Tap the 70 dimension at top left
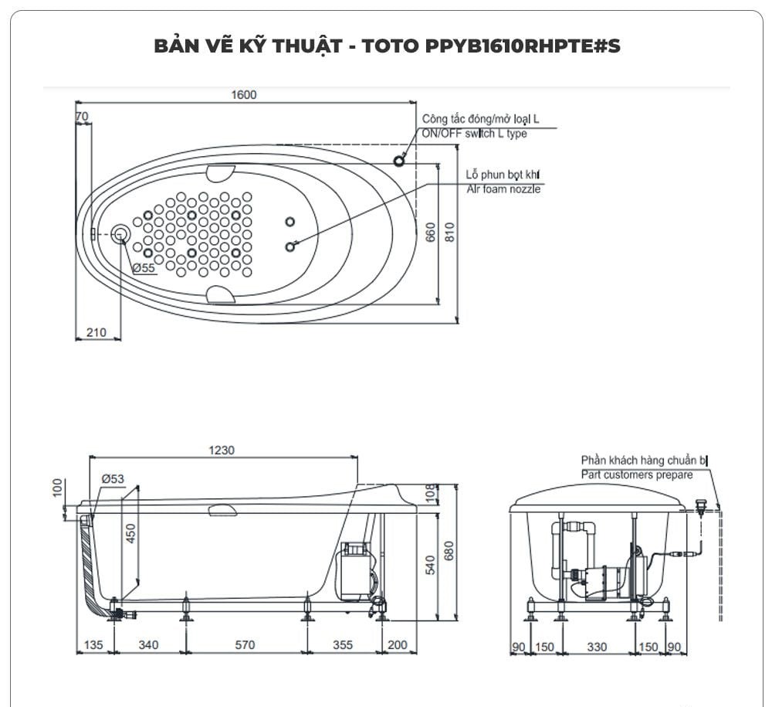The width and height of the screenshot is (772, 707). coord(82,117)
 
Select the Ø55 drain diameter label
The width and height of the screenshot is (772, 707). coord(144,267)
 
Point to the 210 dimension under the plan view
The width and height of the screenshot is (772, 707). coord(96,332)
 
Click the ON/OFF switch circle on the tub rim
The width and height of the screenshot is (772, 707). coord(399,161)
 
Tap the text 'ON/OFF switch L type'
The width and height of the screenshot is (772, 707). coord(474,134)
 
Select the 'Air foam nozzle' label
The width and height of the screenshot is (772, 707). coord(503,189)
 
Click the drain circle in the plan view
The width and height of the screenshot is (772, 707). coord(120,234)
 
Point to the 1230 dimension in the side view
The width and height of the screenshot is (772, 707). coord(222,450)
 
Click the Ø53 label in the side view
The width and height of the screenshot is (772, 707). coord(113,479)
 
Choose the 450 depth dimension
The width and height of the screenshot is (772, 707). coord(130,534)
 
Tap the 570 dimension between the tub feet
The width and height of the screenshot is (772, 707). coord(245,645)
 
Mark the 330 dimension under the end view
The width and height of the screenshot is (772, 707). coord(597,647)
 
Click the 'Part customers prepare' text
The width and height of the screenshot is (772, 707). coord(637,475)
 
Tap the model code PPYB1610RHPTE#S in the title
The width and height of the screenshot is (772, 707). coord(523,46)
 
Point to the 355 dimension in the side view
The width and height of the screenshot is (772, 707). coord(343,645)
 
